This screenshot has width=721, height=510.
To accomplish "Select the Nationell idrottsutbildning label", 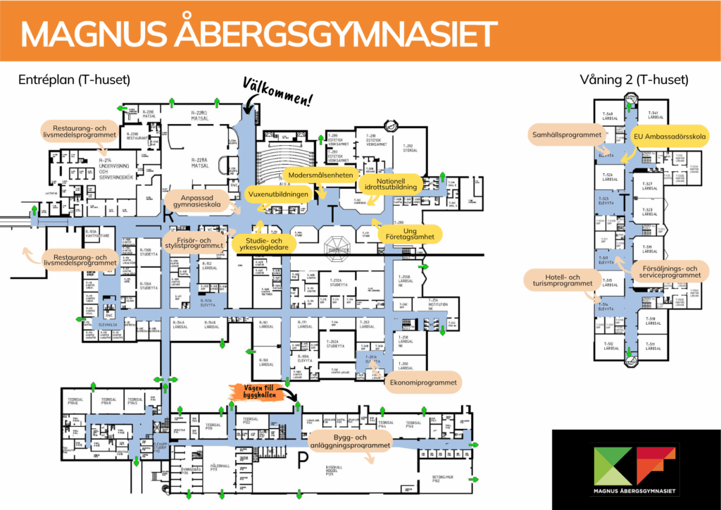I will pyautogui.click(x=391, y=185).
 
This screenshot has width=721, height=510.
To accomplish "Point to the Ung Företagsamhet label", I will pyautogui.click(x=410, y=235).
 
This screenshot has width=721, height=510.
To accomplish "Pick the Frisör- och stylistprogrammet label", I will pyautogui.click(x=194, y=241).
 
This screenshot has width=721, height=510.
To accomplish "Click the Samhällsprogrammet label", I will pyautogui.click(x=566, y=135).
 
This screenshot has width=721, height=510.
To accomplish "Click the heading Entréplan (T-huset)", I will pyautogui.click(x=74, y=80).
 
